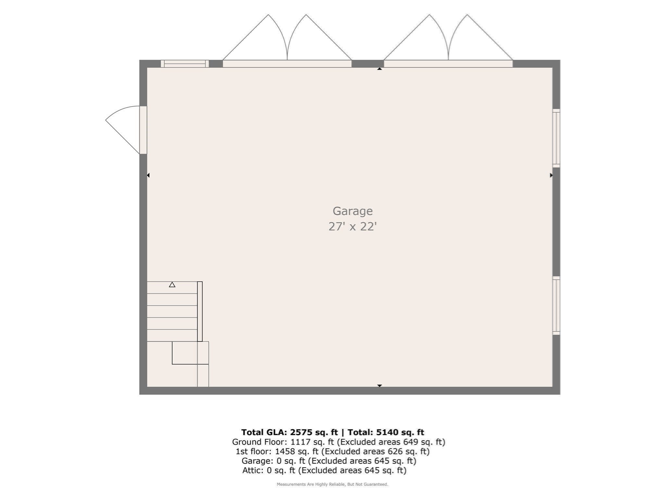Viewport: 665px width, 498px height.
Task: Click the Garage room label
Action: click(x=352, y=211)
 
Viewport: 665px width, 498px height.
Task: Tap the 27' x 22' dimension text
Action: click(x=352, y=226)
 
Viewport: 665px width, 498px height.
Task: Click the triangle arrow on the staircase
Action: click(x=172, y=285)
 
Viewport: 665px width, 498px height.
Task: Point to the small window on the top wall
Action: click(x=185, y=64)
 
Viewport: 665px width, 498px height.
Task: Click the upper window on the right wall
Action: click(x=556, y=138)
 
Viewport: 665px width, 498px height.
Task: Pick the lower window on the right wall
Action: click(x=556, y=305)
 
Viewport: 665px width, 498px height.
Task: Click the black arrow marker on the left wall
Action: click(x=148, y=175)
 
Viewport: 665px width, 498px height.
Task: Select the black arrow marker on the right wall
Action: click(x=551, y=175)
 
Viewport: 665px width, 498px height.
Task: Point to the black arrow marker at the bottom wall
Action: click(x=379, y=385)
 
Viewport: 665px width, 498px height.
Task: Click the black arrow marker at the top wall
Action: click(x=379, y=69)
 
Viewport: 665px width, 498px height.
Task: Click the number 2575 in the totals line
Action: click(x=301, y=432)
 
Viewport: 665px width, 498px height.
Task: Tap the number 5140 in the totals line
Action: click(x=387, y=432)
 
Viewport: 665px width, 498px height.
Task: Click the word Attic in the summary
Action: click(x=253, y=470)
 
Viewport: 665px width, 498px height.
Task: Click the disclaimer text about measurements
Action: click(x=332, y=484)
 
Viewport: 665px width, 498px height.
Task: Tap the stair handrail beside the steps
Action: click(x=200, y=311)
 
